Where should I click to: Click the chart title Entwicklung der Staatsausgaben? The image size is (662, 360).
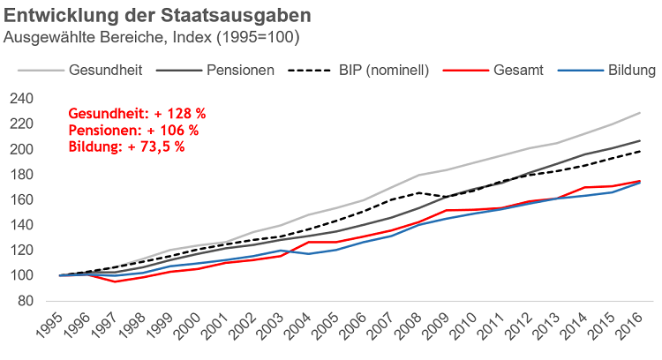[x=157, y=16]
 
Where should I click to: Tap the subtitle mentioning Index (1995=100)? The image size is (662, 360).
[x=152, y=38]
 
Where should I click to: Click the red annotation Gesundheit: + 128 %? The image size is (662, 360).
[x=137, y=114]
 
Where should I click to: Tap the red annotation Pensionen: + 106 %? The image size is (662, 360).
[x=133, y=130]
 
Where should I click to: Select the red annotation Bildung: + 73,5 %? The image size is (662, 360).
[x=126, y=146]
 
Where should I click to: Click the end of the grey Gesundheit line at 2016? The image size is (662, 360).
[x=640, y=113]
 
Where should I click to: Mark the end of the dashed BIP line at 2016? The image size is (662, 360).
[x=640, y=151]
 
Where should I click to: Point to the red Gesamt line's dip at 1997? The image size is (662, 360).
[x=115, y=281]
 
